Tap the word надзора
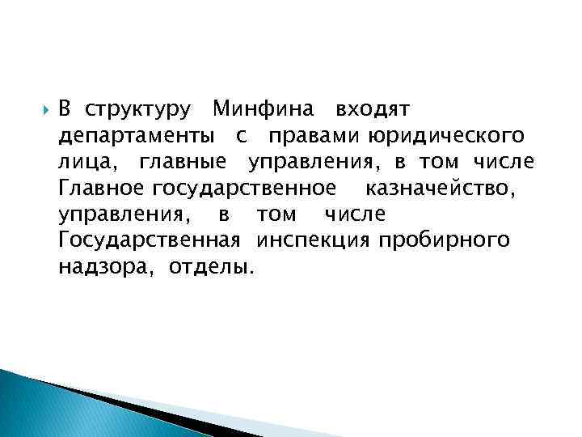coord(109,267)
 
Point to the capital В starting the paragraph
coord(66,108)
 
